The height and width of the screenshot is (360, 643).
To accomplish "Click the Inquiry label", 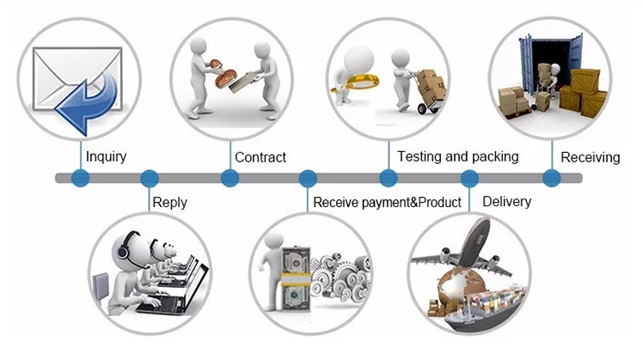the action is (106, 156).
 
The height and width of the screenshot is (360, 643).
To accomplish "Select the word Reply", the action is (169, 203).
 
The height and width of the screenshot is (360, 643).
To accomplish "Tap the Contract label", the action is (260, 157).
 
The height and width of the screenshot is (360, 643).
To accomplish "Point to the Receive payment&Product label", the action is (387, 203).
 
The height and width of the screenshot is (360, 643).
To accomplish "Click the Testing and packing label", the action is (457, 156).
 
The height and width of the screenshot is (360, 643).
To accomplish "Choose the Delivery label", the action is (506, 202).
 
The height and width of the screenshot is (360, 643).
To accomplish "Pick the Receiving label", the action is (590, 157).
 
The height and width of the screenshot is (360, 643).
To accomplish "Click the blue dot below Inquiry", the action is (81, 179).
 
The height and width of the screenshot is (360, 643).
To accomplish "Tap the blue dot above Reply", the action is (150, 179).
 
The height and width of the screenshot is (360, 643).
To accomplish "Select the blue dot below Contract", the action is (230, 179).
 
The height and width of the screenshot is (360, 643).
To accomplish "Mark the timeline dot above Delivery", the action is (469, 179).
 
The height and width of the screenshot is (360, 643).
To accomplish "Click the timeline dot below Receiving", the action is (551, 179).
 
